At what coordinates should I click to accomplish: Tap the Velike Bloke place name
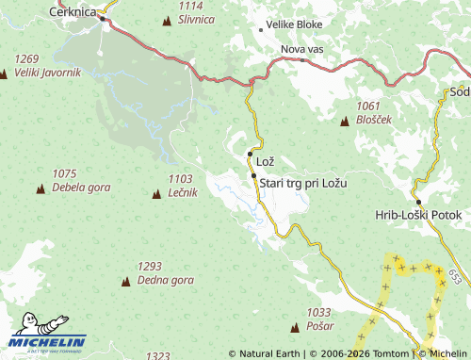[295, 25]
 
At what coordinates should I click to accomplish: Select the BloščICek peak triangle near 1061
[345, 122]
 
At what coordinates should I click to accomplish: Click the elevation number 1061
[369, 106]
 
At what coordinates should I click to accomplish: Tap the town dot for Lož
[250, 154]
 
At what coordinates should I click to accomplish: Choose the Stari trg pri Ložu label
[303, 183]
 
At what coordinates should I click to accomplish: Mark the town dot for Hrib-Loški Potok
[418, 202]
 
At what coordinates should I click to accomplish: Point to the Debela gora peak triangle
[41, 188]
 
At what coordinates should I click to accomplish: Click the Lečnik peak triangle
[156, 194]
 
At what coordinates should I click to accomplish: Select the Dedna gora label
[165, 280]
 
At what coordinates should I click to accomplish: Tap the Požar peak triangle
[295, 325]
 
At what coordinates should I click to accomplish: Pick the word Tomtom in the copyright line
[393, 353]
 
